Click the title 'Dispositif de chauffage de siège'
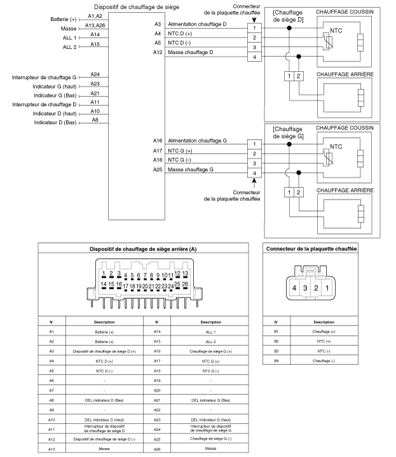click(x=137, y=7)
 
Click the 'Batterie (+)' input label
click(x=63, y=19)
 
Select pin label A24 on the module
click(x=95, y=74)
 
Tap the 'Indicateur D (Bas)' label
click(x=55, y=123)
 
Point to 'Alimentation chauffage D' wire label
click(x=197, y=24)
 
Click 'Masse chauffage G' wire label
click(x=191, y=169)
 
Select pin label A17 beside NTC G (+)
click(x=158, y=151)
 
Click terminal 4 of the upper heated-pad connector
click(x=254, y=57)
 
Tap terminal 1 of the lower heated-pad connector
click(x=254, y=144)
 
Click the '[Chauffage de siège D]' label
click(x=288, y=16)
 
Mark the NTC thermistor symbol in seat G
click(x=327, y=158)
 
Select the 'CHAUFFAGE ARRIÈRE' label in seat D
click(x=345, y=74)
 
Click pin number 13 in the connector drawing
click(x=186, y=273)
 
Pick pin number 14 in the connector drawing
click(x=104, y=284)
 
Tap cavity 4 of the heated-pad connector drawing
click(x=294, y=288)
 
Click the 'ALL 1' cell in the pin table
click(x=210, y=332)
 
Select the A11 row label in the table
click(x=51, y=429)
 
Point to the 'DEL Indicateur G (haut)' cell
click(x=210, y=420)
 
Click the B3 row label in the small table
click(x=277, y=351)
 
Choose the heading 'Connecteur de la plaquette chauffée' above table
click(x=311, y=249)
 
